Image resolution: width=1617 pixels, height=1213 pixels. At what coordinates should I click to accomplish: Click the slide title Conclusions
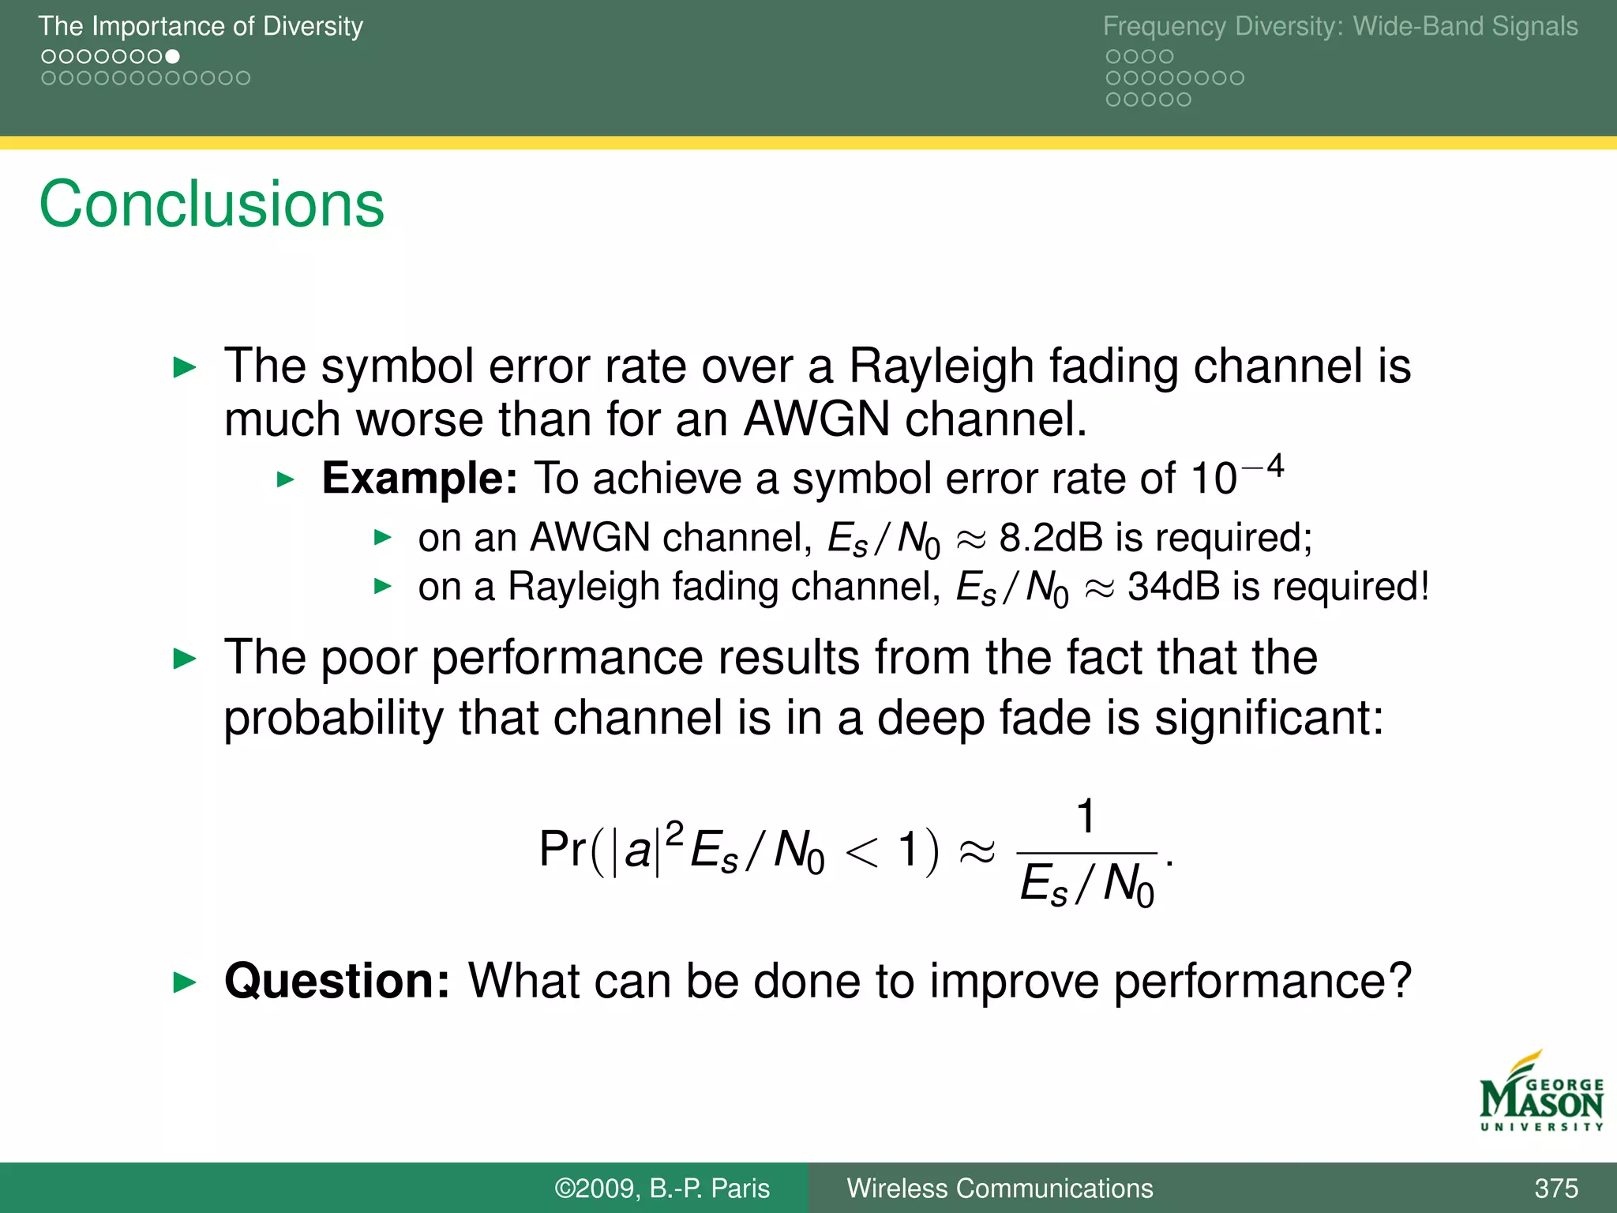[212, 205]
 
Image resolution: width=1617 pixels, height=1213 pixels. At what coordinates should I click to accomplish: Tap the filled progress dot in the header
[173, 57]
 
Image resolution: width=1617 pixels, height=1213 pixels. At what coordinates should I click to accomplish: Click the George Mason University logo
[1541, 1093]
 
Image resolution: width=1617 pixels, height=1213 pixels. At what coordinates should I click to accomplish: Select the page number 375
[1556, 1188]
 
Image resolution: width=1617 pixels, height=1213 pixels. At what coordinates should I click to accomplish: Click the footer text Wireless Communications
[1000, 1188]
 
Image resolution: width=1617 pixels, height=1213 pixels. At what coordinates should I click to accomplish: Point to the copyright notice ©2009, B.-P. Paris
[662, 1188]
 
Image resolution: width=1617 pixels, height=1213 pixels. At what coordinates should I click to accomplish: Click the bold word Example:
[419, 479]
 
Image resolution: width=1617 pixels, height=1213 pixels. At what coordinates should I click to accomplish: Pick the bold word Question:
[337, 981]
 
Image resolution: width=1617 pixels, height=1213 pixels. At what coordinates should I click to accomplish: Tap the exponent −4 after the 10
[1263, 467]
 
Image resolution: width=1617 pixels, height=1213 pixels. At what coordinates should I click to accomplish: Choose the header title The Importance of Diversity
[201, 26]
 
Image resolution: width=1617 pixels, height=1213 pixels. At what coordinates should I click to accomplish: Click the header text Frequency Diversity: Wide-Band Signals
[1340, 26]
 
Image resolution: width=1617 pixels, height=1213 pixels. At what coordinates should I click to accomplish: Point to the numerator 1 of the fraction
[1086, 817]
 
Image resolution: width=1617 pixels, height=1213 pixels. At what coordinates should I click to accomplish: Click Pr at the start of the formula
[562, 850]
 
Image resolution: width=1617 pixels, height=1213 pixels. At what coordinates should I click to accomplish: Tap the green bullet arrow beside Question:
[184, 982]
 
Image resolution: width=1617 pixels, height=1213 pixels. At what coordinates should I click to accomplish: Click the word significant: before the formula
[1269, 717]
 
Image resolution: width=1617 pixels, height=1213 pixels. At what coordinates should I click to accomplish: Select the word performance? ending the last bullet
[1262, 981]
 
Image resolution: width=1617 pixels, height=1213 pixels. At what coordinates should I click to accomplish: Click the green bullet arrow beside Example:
[286, 479]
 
